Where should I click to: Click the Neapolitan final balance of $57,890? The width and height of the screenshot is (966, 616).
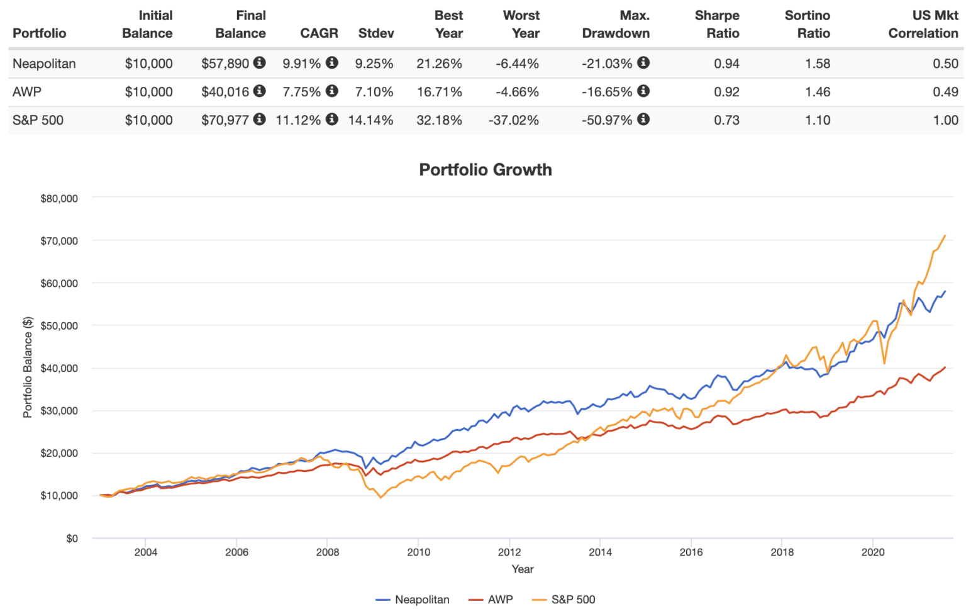(x=225, y=64)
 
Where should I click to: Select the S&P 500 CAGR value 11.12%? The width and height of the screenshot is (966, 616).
(x=298, y=120)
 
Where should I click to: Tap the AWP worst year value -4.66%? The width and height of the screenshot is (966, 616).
(x=517, y=92)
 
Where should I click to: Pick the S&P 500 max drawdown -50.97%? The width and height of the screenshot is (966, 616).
(x=607, y=120)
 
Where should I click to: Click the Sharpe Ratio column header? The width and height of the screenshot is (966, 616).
(x=717, y=25)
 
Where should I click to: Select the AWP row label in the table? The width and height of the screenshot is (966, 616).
(x=27, y=92)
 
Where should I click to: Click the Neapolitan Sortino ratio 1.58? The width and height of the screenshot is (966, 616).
(x=818, y=64)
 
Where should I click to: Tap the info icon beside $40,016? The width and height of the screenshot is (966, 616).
(x=259, y=91)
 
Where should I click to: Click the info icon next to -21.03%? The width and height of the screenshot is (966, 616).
(x=643, y=63)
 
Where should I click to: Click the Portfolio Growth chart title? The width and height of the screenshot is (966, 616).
(x=485, y=170)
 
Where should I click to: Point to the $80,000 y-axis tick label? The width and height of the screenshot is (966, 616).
(x=59, y=199)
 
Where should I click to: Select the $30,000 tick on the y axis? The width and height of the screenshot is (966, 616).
(x=59, y=411)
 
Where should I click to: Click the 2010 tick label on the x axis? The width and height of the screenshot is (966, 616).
(x=418, y=552)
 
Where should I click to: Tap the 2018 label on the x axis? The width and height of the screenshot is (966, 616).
(x=782, y=552)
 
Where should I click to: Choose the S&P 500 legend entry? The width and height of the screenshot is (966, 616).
(x=572, y=600)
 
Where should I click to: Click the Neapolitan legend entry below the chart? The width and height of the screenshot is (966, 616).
(x=421, y=600)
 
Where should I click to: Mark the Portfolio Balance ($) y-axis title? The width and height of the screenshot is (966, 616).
(x=28, y=367)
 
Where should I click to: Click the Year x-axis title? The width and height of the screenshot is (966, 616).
(x=522, y=569)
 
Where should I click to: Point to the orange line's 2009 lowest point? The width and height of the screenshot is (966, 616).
(x=380, y=498)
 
